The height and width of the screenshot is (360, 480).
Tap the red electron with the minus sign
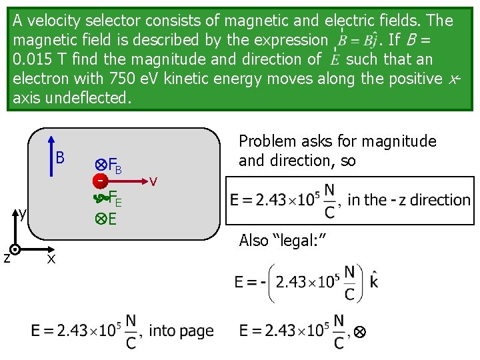click(99, 181)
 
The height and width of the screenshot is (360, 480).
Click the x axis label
click(50, 259)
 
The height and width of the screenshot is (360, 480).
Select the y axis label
click(22, 214)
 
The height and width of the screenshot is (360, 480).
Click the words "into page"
click(181, 331)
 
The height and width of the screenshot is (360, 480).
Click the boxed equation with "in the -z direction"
click(349, 200)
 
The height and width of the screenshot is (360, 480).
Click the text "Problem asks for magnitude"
click(337, 141)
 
